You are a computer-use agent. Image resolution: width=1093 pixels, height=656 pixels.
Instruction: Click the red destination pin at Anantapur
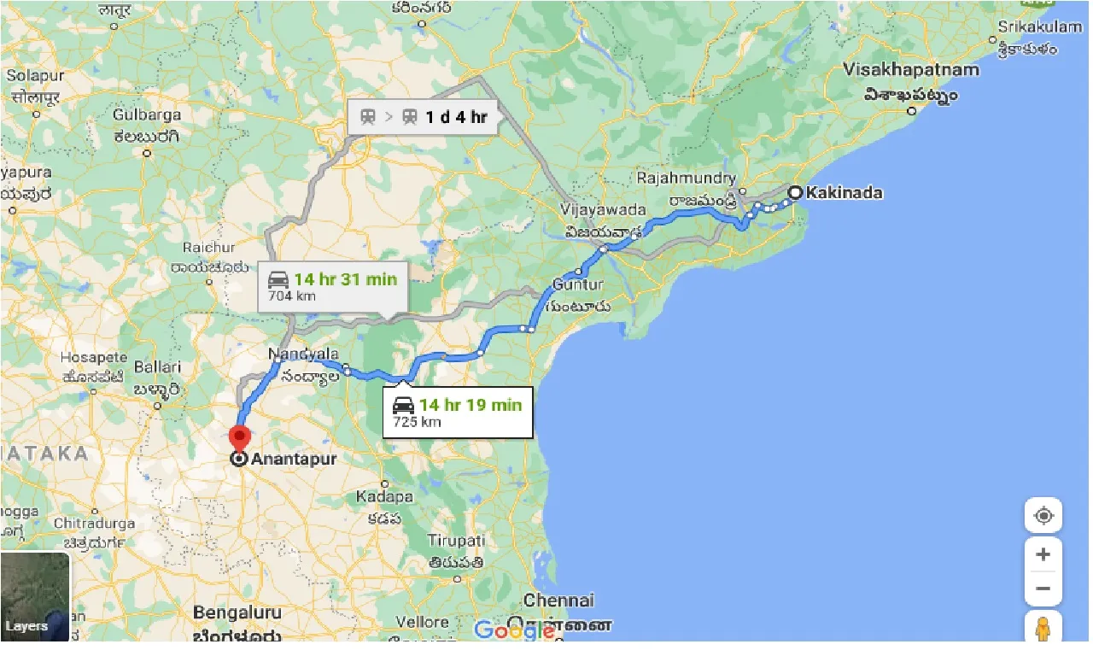point(239,439)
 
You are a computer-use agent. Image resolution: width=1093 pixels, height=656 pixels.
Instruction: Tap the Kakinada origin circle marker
point(795,193)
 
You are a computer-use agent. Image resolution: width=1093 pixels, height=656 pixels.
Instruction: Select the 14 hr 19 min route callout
point(458,412)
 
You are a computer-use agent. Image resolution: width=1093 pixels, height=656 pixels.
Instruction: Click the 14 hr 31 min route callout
point(333,286)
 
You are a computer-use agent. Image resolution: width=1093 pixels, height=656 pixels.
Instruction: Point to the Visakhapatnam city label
point(910,70)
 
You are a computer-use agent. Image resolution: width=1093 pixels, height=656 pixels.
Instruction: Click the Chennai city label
point(558,600)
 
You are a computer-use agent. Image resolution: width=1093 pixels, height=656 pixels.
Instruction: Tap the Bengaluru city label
point(237,612)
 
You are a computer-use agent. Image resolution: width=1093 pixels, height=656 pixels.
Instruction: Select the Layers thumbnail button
point(35,597)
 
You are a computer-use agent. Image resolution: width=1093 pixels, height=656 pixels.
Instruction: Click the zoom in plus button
point(1043,554)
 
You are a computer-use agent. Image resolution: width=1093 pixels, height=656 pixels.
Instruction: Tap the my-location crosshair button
point(1043,516)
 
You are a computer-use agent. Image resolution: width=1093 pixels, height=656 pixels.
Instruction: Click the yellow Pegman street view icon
point(1043,630)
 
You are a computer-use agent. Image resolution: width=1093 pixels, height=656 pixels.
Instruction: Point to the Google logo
point(514,631)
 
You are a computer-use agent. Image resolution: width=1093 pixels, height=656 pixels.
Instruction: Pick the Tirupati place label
point(457,541)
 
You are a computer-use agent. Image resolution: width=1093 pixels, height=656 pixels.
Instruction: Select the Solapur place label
point(35,76)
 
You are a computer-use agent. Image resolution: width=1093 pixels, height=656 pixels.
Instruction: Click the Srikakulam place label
point(1039,27)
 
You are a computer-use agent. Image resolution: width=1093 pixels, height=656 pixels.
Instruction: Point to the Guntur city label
point(578,284)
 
